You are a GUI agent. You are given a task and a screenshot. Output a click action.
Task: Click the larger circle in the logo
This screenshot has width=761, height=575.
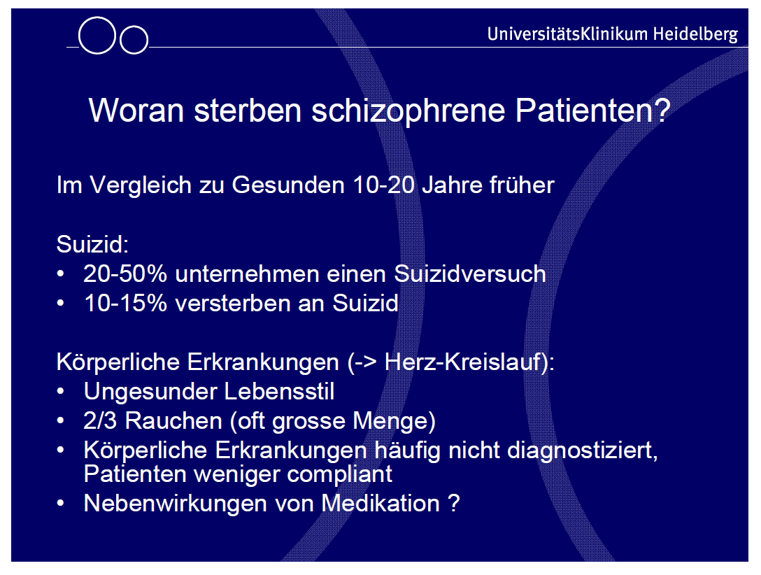[x=79, y=36]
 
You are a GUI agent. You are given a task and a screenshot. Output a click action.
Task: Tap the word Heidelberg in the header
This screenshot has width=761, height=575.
[x=695, y=35]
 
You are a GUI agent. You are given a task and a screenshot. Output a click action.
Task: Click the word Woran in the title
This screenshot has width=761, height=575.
[x=136, y=111]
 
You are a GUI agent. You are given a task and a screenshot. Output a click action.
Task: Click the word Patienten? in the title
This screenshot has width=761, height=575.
[x=592, y=111]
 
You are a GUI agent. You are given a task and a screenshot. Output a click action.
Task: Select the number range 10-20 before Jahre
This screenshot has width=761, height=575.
[x=383, y=185]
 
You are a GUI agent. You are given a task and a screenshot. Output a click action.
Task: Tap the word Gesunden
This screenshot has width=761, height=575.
[x=288, y=185]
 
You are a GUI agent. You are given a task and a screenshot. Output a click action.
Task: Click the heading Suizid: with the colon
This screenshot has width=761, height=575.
[x=93, y=244]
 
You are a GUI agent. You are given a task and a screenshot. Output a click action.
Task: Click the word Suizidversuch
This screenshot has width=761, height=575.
[x=470, y=274]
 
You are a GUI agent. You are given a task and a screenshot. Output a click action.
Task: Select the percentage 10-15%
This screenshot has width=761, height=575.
[x=126, y=304]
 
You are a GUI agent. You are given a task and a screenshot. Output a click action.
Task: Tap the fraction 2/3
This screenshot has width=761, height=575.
[x=100, y=420]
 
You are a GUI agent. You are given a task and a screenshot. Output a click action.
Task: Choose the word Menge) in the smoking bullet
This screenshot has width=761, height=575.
[x=394, y=421]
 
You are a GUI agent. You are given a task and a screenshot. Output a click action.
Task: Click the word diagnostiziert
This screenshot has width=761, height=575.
[x=583, y=450]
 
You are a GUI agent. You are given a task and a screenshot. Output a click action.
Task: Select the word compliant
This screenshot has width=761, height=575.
[x=339, y=474]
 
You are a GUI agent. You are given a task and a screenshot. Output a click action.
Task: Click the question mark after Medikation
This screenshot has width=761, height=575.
[x=454, y=503]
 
